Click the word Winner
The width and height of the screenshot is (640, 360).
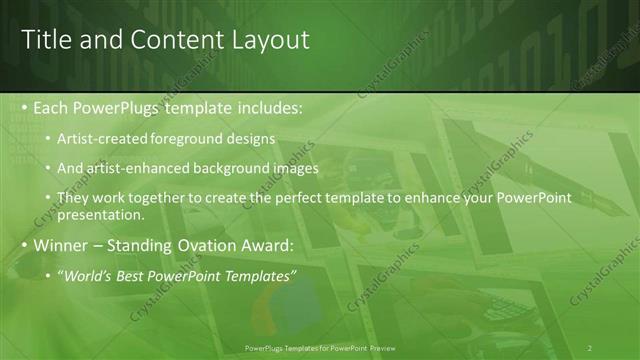pos(61,244)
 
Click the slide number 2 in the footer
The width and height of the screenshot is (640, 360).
pos(589,348)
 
